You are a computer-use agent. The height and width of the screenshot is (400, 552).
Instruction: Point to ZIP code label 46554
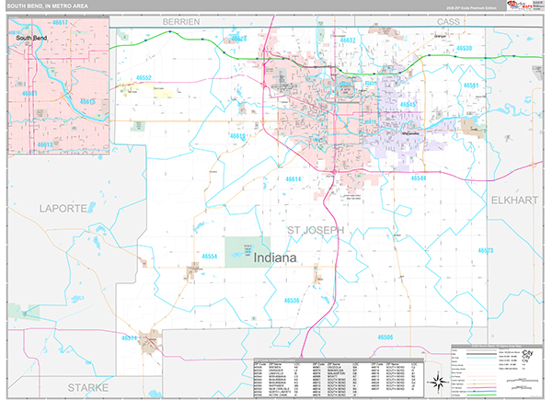(211, 257)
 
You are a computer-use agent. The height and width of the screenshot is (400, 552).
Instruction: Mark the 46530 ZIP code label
(464, 48)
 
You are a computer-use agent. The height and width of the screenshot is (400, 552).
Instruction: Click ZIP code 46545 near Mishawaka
(409, 105)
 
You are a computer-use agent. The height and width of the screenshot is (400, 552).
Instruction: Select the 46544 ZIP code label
(420, 177)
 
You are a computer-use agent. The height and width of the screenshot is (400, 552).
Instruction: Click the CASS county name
(448, 19)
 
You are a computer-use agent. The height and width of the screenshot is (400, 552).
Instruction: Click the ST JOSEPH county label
(315, 229)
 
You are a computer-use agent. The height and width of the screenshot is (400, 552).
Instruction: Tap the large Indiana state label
(270, 259)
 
